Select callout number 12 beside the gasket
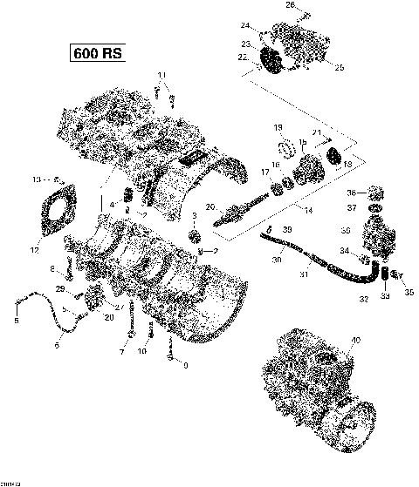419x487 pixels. (x=35, y=251)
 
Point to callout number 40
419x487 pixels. (x=355, y=341)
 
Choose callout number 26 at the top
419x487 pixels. (x=306, y=7)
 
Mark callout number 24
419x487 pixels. (x=245, y=24)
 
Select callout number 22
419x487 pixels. (x=241, y=57)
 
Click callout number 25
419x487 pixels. (x=340, y=67)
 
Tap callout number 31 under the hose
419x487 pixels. (x=306, y=276)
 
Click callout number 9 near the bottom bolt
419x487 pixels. (x=184, y=366)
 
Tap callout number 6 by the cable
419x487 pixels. (x=58, y=345)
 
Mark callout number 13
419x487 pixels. (x=36, y=179)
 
